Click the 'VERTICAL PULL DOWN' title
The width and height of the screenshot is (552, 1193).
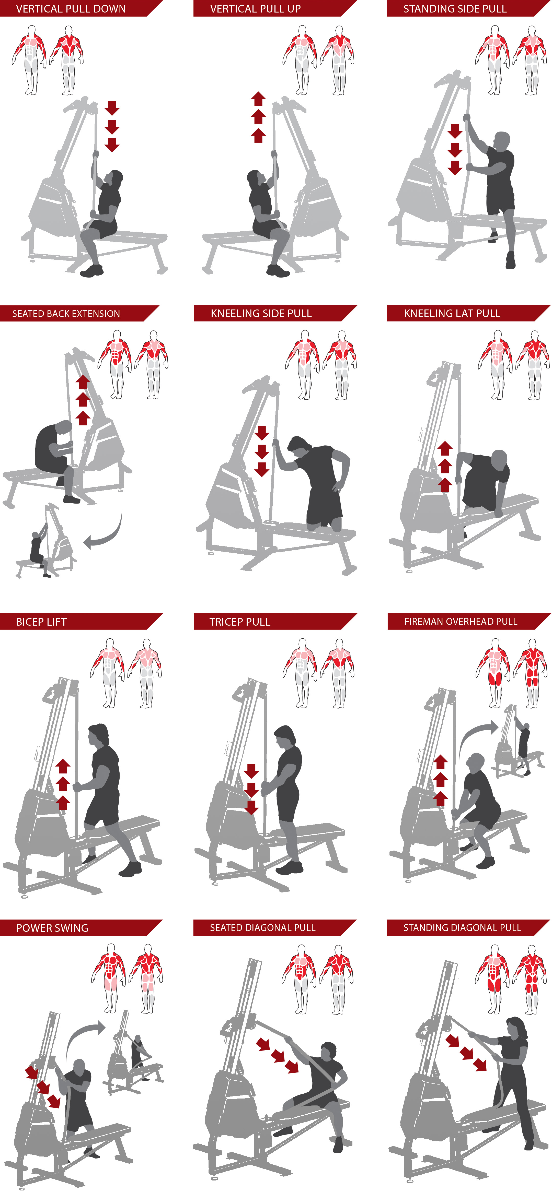(71, 9)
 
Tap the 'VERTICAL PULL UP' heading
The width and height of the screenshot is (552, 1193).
(255, 9)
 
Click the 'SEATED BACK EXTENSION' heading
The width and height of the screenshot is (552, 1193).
(66, 314)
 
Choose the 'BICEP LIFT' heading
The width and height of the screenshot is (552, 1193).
(41, 622)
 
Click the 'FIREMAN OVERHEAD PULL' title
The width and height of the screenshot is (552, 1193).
(461, 622)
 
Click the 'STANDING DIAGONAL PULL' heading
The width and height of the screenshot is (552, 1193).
(462, 928)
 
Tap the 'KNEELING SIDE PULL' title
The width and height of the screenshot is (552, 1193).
(261, 314)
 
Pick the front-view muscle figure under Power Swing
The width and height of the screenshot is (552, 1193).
(108, 979)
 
